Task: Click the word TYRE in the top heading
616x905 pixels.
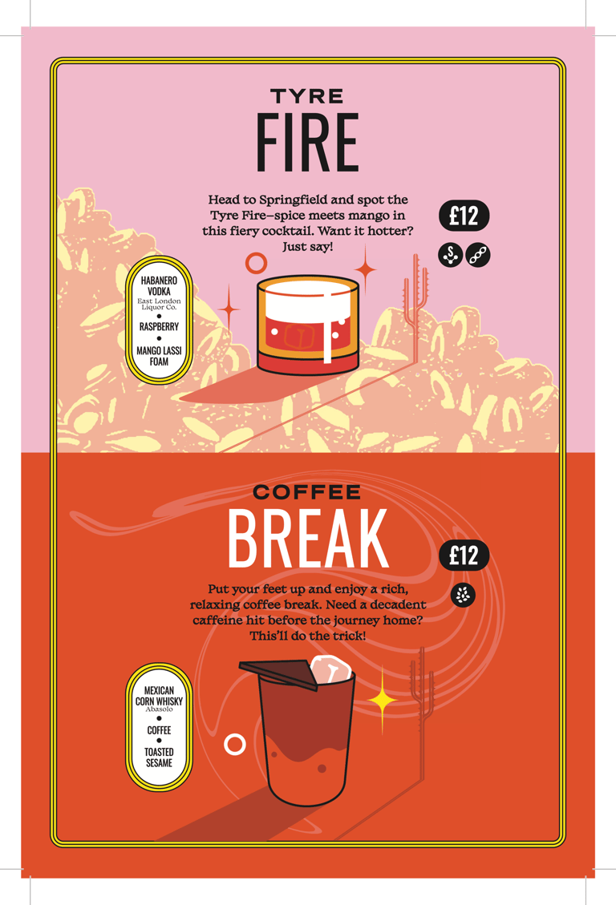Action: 306,96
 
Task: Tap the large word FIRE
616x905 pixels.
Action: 307,143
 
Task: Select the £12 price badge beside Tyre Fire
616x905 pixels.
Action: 464,216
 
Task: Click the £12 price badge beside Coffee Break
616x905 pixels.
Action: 464,556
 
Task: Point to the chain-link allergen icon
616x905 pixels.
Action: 478,255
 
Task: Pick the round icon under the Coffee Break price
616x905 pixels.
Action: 463,595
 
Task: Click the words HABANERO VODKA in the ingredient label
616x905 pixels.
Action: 159,285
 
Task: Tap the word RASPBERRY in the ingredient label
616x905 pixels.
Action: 159,327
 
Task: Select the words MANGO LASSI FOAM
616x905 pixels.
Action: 159,356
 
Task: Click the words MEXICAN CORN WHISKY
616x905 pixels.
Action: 159,696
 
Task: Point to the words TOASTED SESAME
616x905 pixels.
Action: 159,758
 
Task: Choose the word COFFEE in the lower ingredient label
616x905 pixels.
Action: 159,730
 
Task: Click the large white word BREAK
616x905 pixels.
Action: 308,539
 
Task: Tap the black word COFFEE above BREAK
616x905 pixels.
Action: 306,492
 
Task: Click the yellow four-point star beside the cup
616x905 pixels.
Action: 382,700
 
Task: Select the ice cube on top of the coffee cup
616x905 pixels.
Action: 330,669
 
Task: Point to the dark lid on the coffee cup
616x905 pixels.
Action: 279,674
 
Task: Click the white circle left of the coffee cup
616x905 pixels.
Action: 234,745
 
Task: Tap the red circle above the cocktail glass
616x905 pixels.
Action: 256,263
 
